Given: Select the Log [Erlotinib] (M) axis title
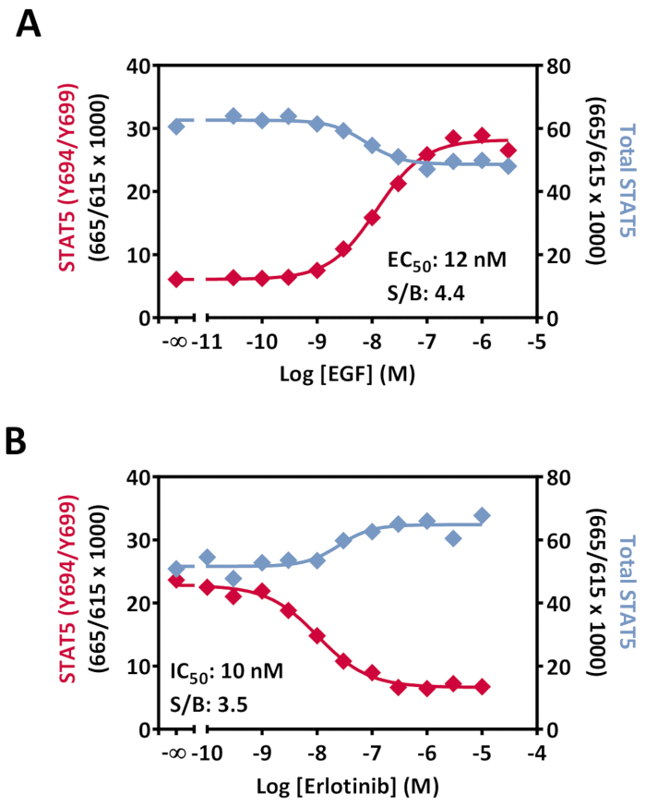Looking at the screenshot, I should click(x=343, y=787).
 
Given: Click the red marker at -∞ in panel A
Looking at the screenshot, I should click(x=176, y=279).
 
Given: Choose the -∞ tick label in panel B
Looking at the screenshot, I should click(x=174, y=753).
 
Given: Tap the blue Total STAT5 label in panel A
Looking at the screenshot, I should click(x=628, y=192).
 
